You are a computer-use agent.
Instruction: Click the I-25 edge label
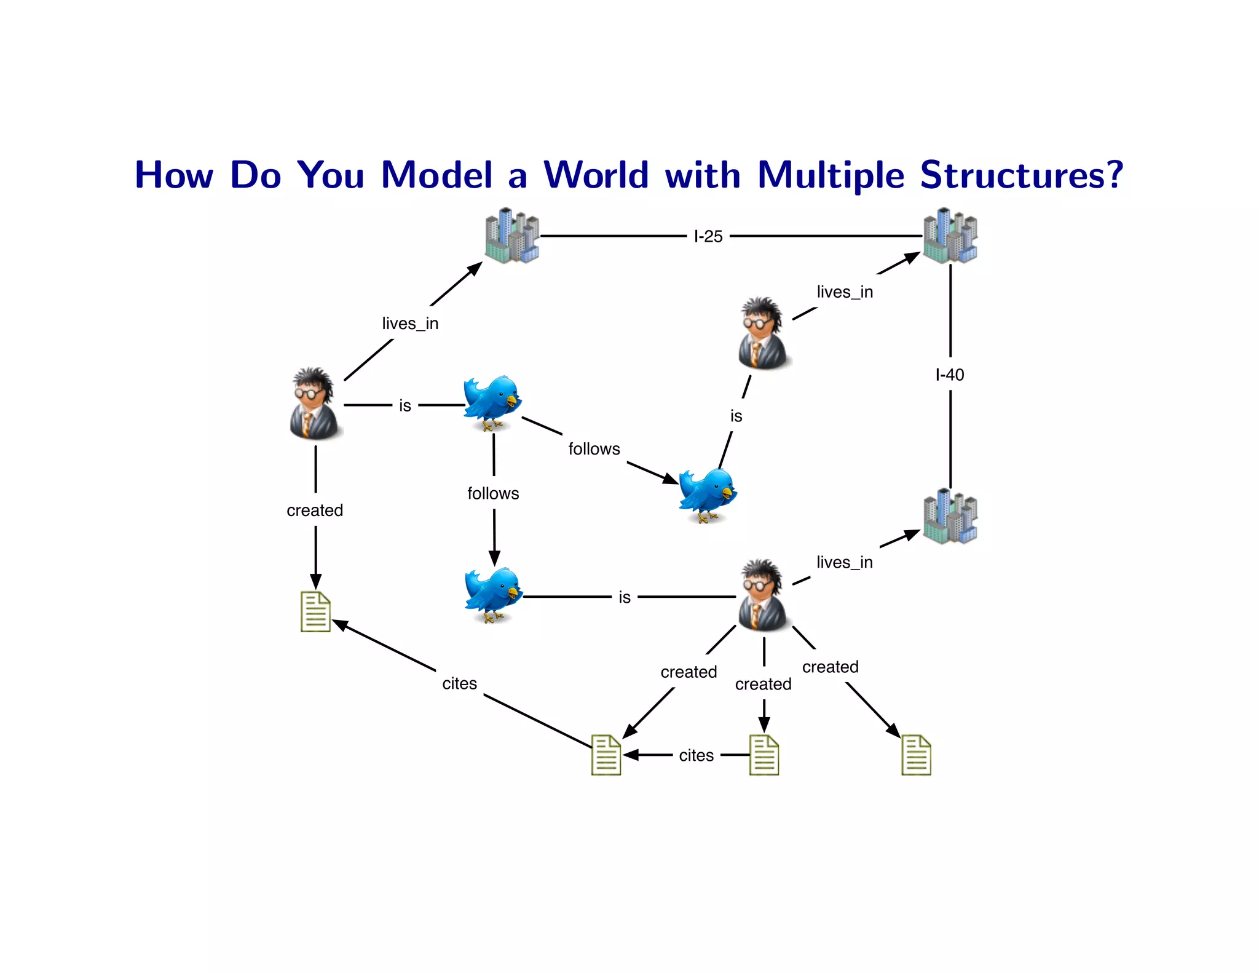pos(708,236)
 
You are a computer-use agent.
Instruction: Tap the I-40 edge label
pos(950,375)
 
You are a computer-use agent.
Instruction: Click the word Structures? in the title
pos(1022,175)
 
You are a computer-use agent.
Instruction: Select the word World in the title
pos(596,175)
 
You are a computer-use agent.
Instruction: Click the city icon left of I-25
pos(511,236)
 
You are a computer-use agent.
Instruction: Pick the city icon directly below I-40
pos(950,517)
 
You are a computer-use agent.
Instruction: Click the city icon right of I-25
pos(950,236)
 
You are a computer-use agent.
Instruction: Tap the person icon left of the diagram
pos(314,403)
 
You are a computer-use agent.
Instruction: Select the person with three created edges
pos(762,595)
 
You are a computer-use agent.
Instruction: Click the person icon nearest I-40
pos(762,333)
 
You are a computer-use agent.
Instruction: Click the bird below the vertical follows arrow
pos(492,594)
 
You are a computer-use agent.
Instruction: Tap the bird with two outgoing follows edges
pos(492,402)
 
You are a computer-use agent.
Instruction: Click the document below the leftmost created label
pos(315,612)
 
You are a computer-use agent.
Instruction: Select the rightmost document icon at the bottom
pos(916,755)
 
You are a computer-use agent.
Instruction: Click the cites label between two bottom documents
pos(697,755)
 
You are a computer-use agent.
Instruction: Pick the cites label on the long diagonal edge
pos(459,683)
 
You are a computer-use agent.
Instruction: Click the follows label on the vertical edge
pos(493,493)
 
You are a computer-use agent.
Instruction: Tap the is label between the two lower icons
pos(625,597)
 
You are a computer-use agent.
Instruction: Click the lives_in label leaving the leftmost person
pos(410,324)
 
